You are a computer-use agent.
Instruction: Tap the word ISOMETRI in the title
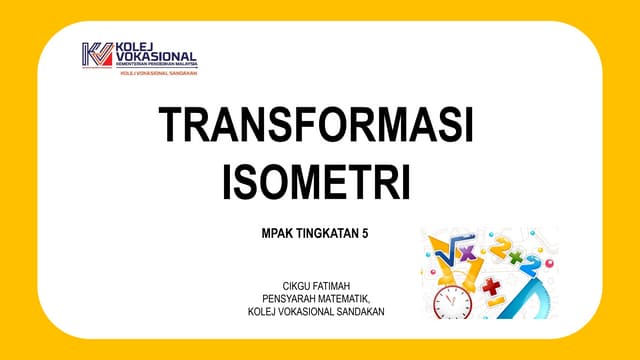coord(316,182)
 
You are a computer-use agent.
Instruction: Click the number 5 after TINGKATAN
coord(365,233)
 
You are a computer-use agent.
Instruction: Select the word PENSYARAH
coord(291,298)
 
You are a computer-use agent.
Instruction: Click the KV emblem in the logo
coord(97,56)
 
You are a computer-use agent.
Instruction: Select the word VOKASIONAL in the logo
coord(156,57)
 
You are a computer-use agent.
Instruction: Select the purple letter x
coord(468,253)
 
